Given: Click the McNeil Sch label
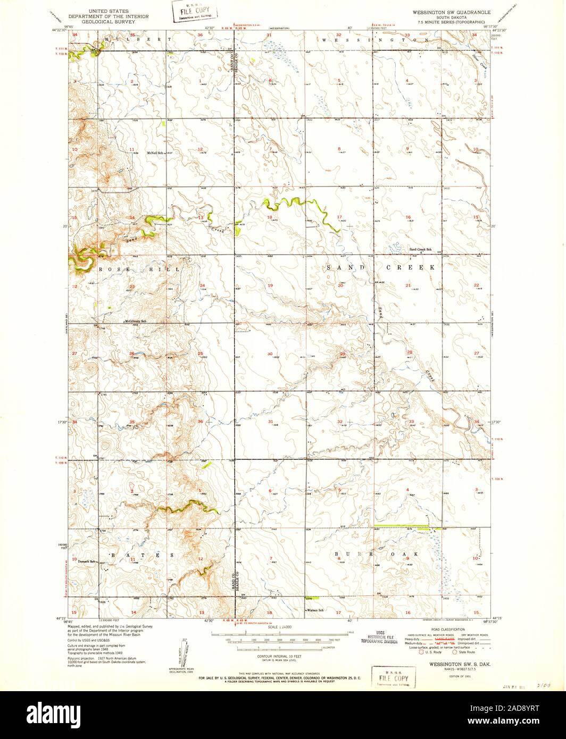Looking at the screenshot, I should (155, 153).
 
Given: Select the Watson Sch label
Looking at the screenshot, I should (315, 610).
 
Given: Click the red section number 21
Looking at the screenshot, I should (408, 286).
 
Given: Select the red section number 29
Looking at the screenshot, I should (343, 354).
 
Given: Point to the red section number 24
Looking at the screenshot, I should (202, 286).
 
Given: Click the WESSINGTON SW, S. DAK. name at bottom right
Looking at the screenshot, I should (456, 664).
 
